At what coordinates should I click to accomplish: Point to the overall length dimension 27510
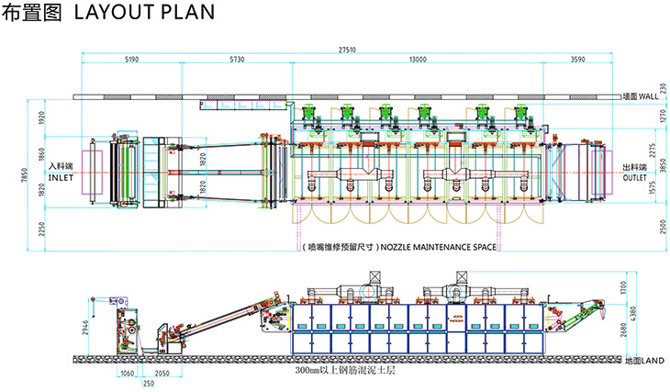(347, 49)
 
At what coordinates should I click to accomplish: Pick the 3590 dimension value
(577, 61)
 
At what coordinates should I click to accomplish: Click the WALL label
(648, 95)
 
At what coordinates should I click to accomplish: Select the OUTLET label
(636, 177)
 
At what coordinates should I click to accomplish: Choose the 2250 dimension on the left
(41, 231)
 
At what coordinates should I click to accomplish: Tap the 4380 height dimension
(647, 312)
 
